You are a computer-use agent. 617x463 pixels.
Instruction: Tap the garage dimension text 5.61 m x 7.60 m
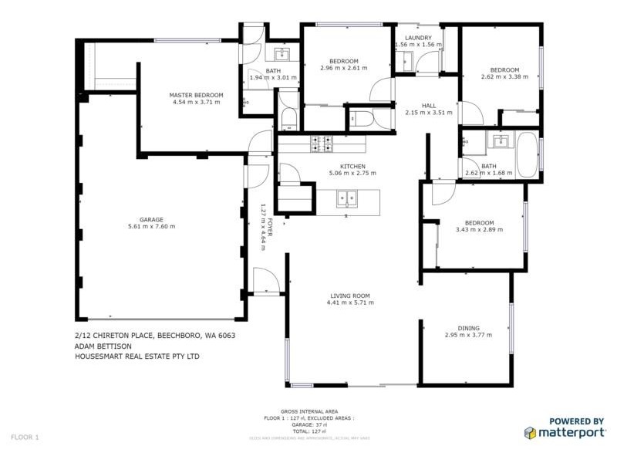[x=151, y=226]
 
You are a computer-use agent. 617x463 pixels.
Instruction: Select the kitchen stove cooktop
[x=321, y=144]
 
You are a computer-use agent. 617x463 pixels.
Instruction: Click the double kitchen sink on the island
[x=347, y=198]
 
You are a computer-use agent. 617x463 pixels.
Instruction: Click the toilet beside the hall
[x=361, y=120]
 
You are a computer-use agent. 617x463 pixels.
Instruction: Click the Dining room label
[x=468, y=328]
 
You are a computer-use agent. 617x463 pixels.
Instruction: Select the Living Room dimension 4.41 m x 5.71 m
[x=350, y=302]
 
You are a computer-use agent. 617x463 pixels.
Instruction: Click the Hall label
[x=429, y=106]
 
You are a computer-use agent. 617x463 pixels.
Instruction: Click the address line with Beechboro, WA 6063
[x=155, y=336]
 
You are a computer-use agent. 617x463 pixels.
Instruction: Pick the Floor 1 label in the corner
[x=25, y=438]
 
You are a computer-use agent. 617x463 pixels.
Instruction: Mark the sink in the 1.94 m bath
[x=281, y=54]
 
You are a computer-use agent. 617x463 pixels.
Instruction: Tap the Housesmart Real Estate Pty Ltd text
[x=137, y=357]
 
